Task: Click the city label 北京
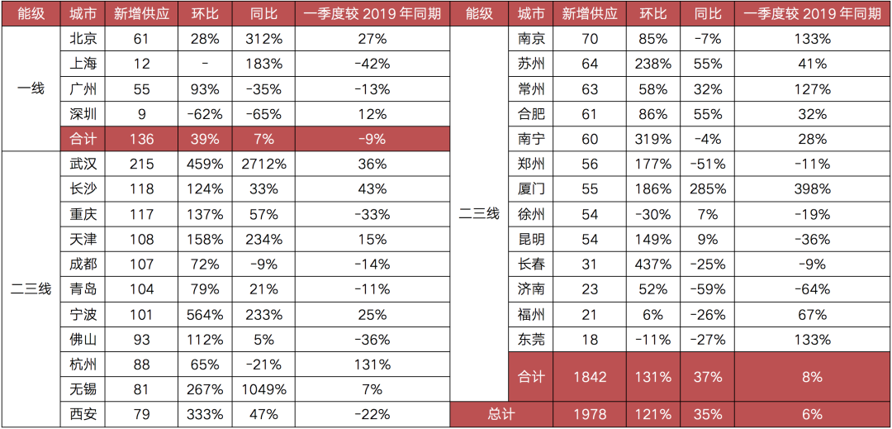click(x=83, y=39)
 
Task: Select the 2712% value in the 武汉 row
click(x=266, y=164)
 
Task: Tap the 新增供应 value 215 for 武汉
click(x=141, y=164)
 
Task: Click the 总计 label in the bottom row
click(x=501, y=414)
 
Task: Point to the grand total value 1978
click(x=588, y=414)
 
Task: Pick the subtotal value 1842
click(x=588, y=377)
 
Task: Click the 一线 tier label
click(x=31, y=88)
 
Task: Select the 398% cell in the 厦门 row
click(x=812, y=189)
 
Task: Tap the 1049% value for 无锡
click(x=266, y=389)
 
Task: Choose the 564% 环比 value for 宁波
click(x=204, y=314)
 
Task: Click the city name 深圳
click(x=83, y=114)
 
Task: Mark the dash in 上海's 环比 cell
click(x=204, y=64)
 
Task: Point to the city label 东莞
click(x=531, y=340)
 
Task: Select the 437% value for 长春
click(x=653, y=265)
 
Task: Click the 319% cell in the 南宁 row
click(x=653, y=139)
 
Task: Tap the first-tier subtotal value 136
click(x=141, y=139)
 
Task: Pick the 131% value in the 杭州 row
click(x=372, y=365)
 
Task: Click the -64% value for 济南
click(x=812, y=289)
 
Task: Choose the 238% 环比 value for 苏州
click(x=653, y=64)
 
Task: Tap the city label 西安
click(x=83, y=414)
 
